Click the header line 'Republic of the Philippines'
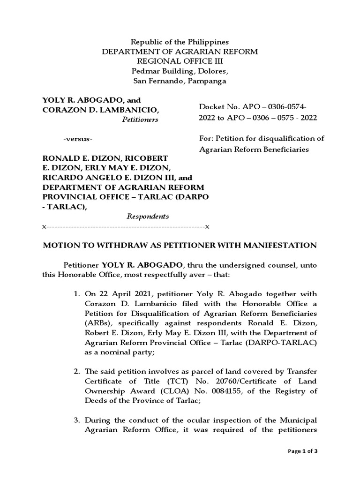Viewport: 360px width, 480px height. [x=180, y=42]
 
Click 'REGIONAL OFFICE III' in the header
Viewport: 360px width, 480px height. [x=180, y=61]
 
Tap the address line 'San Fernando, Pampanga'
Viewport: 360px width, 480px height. [x=180, y=81]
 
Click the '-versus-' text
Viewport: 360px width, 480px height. [x=78, y=140]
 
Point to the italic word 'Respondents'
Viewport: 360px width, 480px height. [x=148, y=217]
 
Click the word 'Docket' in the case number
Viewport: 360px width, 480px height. [x=212, y=107]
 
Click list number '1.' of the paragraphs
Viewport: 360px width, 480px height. [x=77, y=294]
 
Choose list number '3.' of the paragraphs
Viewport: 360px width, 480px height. [x=77, y=420]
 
